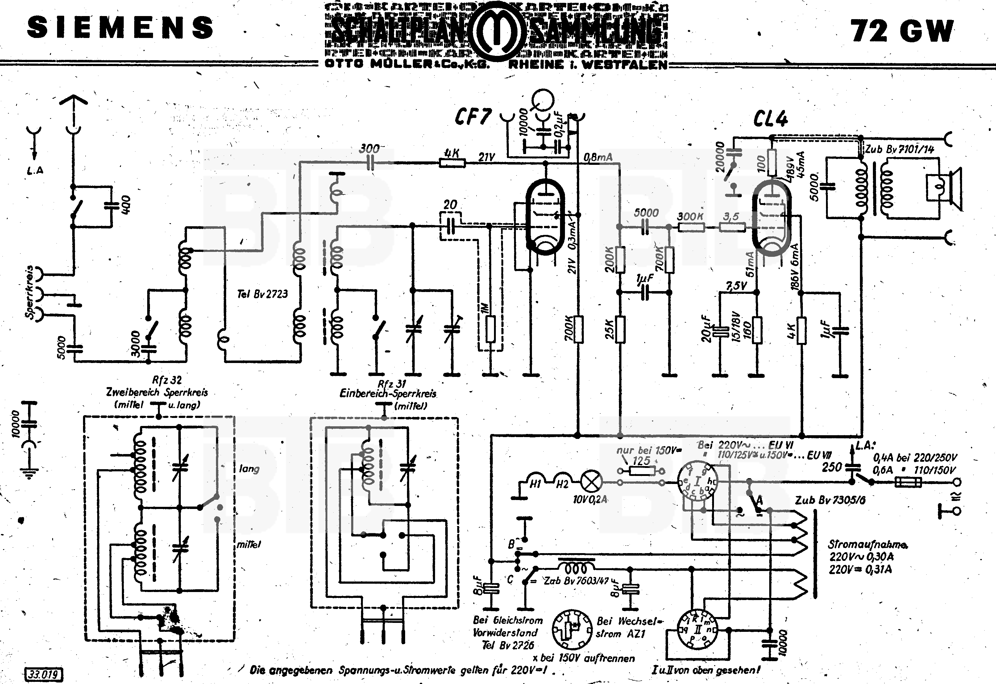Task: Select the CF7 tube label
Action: pyautogui.click(x=473, y=117)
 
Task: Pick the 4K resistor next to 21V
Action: pyautogui.click(x=452, y=163)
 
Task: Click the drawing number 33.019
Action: pyautogui.click(x=44, y=674)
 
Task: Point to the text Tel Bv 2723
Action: pyautogui.click(x=262, y=294)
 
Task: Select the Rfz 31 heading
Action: pyautogui.click(x=392, y=383)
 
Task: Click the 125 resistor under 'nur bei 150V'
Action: pyautogui.click(x=641, y=471)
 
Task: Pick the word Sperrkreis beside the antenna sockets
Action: pyautogui.click(x=29, y=292)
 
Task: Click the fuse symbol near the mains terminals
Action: pyautogui.click(x=908, y=483)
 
